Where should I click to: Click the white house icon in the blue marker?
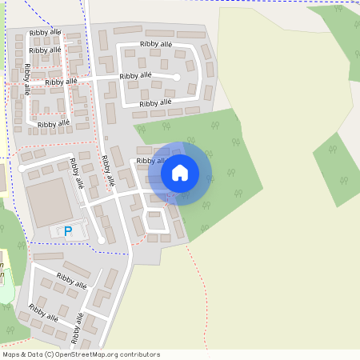click(180, 173)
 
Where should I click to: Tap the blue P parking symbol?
click(68, 231)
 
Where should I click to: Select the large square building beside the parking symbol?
click(50, 202)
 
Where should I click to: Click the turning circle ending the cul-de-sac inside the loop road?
click(177, 77)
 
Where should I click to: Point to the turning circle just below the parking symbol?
click(102, 240)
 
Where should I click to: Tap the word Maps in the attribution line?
click(11, 354)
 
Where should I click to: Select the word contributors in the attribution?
click(138, 354)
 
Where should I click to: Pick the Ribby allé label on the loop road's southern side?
click(155, 103)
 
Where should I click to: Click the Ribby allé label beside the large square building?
click(77, 172)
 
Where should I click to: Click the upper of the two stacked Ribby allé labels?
click(45, 33)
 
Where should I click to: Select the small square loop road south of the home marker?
click(157, 226)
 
